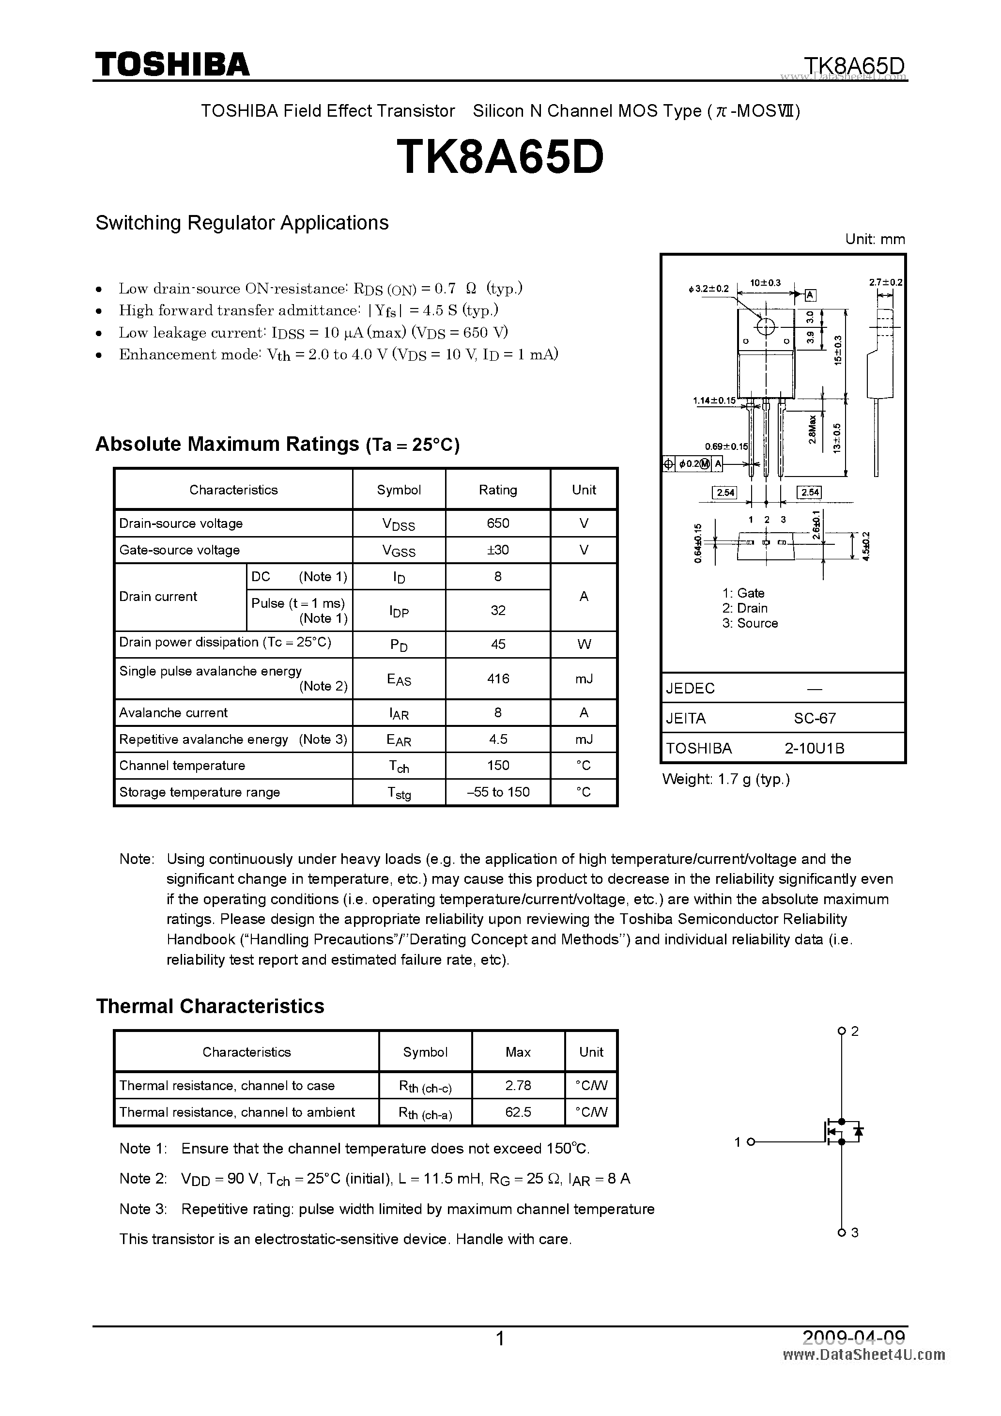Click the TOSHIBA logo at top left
(172, 64)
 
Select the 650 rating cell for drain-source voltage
(498, 523)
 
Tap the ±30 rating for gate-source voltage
(498, 550)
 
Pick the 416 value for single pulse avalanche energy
(498, 678)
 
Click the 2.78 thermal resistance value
(518, 1085)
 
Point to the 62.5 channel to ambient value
(518, 1111)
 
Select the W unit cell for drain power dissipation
(584, 644)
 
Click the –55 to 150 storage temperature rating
(498, 792)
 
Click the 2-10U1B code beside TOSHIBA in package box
(814, 748)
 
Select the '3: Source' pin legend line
(750, 623)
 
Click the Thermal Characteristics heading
(210, 1006)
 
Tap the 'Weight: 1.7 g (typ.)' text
(725, 779)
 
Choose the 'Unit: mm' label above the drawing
(875, 239)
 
